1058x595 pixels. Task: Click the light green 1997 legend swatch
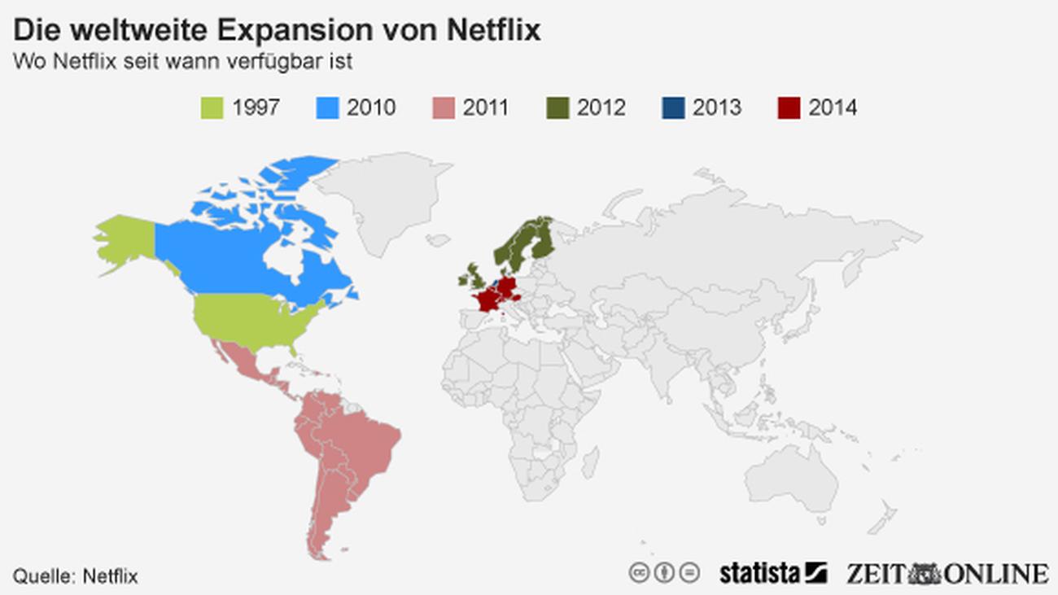pos(212,107)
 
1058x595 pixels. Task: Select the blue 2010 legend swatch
pos(326,107)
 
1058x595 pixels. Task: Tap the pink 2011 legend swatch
pos(442,107)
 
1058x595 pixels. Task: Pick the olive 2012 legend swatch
pos(557,107)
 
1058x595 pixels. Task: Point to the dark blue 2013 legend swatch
pos(673,107)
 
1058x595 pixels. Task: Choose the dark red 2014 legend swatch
pos(788,107)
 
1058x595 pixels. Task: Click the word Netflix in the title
pos(494,30)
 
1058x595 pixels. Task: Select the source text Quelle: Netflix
pos(75,576)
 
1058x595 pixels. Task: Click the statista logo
pos(772,572)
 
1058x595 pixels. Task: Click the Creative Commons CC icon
pos(639,572)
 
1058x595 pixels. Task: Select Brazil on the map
pos(358,440)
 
